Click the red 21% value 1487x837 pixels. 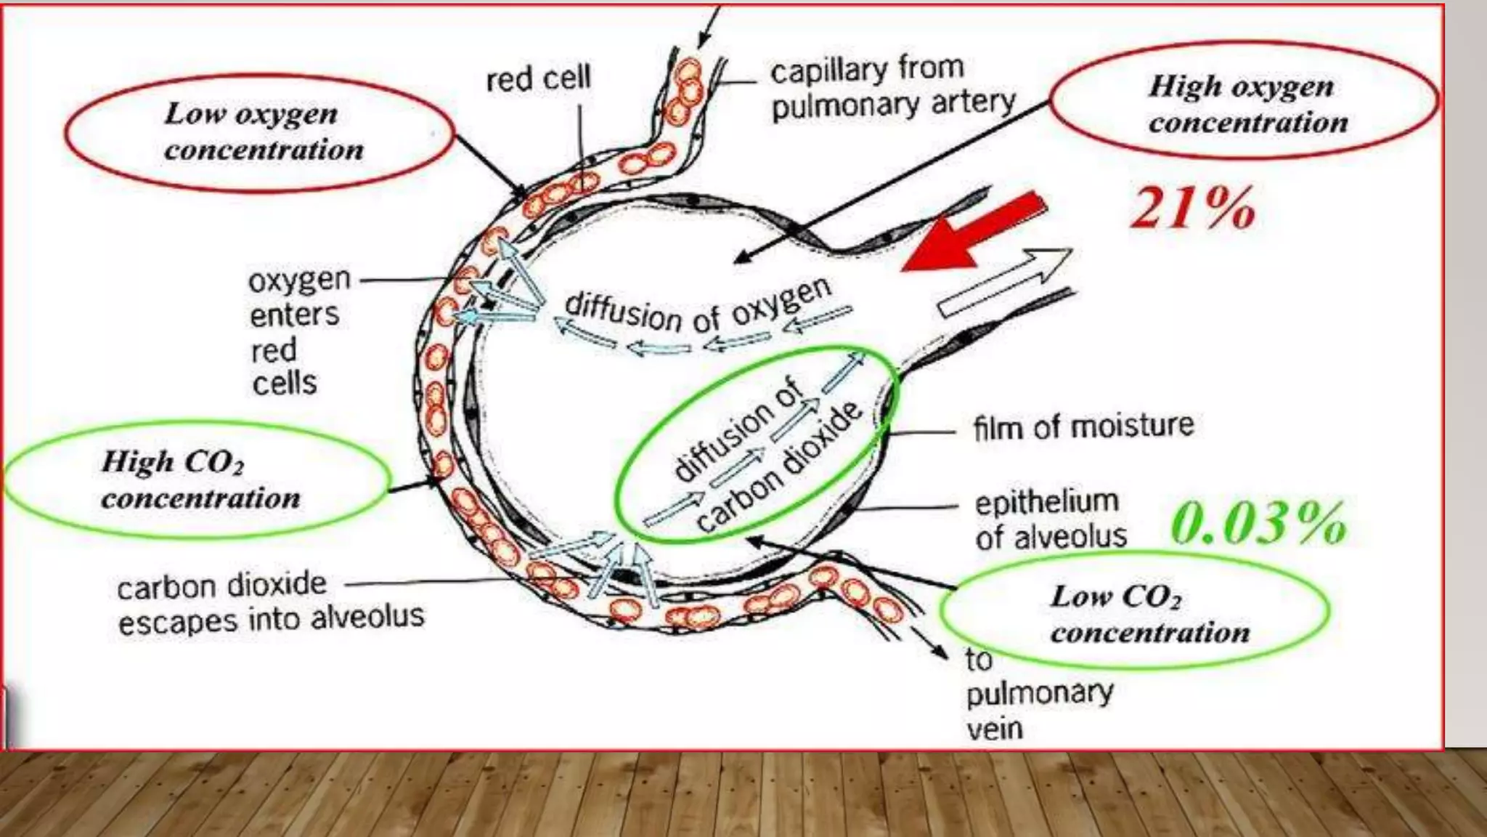[1193, 209]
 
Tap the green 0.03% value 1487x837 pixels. [1259, 523]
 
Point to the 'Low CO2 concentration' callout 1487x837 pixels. [1136, 613]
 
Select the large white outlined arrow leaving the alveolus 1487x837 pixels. [1006, 282]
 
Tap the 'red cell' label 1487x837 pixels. [538, 78]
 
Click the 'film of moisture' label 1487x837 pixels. [1083, 426]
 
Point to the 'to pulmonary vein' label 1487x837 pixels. [1038, 694]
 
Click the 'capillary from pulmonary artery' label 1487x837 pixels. [892, 87]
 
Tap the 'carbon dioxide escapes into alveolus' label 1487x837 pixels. [270, 602]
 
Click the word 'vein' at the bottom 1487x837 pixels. [995, 728]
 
